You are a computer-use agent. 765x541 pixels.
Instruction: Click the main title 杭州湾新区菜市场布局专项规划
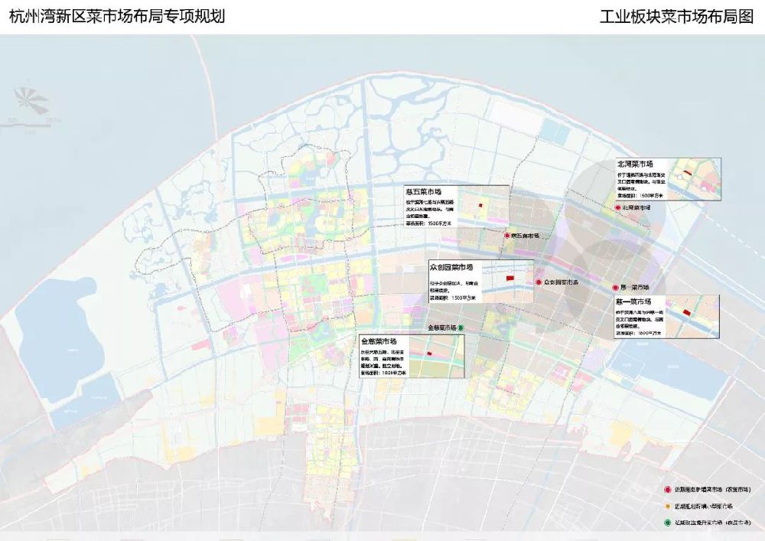click(116, 16)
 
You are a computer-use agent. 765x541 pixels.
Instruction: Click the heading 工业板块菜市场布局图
click(677, 16)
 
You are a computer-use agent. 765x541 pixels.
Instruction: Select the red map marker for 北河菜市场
click(617, 207)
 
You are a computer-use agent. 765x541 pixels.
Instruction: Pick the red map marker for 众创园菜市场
click(539, 282)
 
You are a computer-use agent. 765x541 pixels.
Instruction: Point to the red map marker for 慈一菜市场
click(615, 287)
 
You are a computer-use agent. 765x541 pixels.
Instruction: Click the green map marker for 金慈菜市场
click(461, 328)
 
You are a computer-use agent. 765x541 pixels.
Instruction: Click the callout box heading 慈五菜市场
click(424, 191)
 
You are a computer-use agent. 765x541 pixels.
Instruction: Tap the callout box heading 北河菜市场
click(635, 164)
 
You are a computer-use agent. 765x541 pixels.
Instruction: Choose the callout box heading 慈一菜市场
click(633, 301)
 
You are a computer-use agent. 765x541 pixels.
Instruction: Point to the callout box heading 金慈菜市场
click(379, 341)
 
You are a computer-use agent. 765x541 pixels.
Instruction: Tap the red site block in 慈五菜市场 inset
click(480, 206)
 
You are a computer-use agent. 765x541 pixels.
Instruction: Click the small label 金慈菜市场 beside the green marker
click(442, 328)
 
